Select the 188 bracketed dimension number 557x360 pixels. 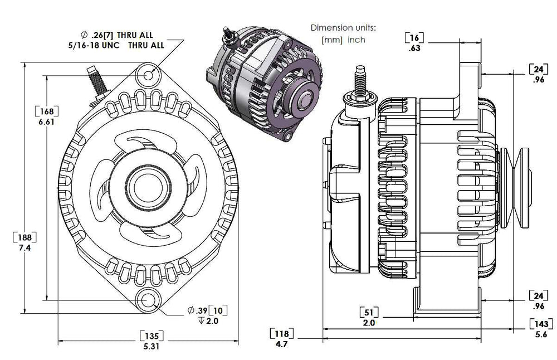tap(25, 237)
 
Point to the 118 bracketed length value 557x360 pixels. tap(281, 334)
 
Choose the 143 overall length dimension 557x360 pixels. tap(541, 324)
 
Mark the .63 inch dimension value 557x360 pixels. tap(414, 48)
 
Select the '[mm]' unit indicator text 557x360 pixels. tap(331, 40)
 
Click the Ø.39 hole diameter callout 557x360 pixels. tap(197, 310)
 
